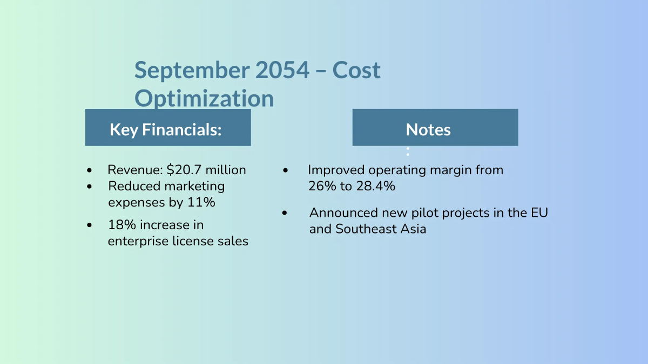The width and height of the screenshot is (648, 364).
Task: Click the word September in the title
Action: [192, 71]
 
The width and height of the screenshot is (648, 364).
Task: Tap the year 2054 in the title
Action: [282, 70]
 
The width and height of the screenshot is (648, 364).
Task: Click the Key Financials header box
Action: [168, 127]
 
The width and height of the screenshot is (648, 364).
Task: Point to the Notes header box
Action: [435, 127]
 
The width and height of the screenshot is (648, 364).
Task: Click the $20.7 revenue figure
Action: [184, 170]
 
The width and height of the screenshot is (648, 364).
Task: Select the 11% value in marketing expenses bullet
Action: [201, 202]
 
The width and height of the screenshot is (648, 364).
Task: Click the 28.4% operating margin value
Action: [375, 186]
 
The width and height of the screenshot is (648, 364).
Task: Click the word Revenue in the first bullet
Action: [135, 170]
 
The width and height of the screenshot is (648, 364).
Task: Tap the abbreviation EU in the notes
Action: [539, 213]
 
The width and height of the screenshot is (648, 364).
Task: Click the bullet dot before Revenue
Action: [89, 170]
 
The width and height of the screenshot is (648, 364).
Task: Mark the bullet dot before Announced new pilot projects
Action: [285, 213]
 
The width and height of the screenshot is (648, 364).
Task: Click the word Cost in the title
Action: [356, 70]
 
